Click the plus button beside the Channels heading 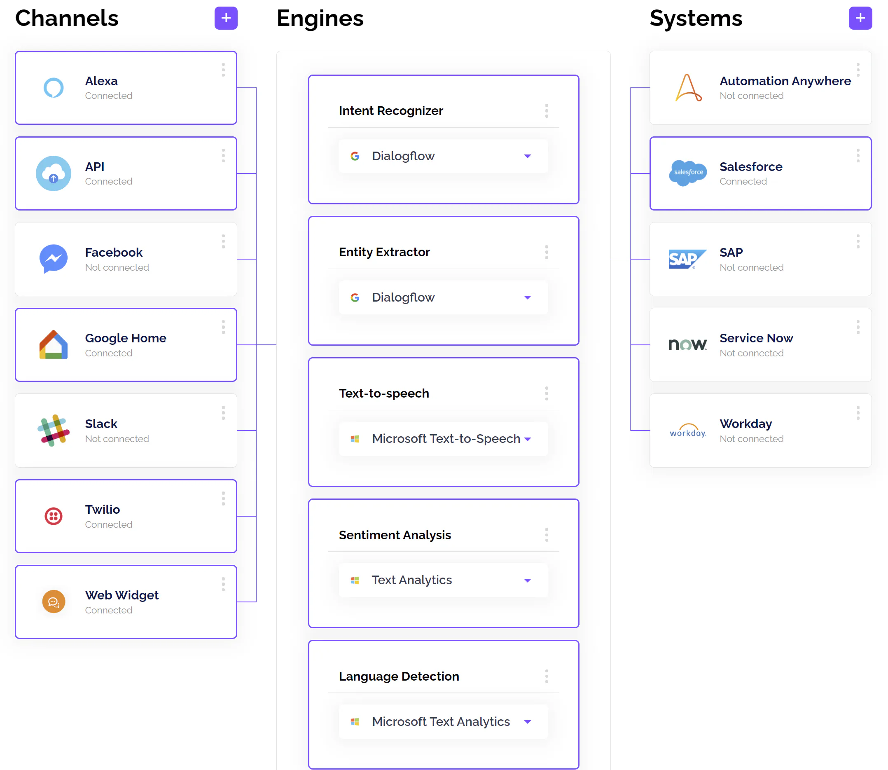(x=226, y=18)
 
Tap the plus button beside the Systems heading (x=860, y=18)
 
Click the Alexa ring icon (x=54, y=88)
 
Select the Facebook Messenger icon (x=54, y=259)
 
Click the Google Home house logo (x=54, y=344)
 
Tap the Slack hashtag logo (x=54, y=430)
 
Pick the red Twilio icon (x=54, y=516)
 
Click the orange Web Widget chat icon (x=54, y=601)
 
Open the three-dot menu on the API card (x=223, y=156)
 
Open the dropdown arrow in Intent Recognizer (x=528, y=156)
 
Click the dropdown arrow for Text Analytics (x=528, y=580)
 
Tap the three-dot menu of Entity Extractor (x=547, y=252)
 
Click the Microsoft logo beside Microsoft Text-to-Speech (x=355, y=439)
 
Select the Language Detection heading (x=399, y=676)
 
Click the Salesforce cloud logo (x=688, y=173)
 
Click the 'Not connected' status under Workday (x=751, y=439)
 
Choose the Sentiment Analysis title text (x=395, y=535)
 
